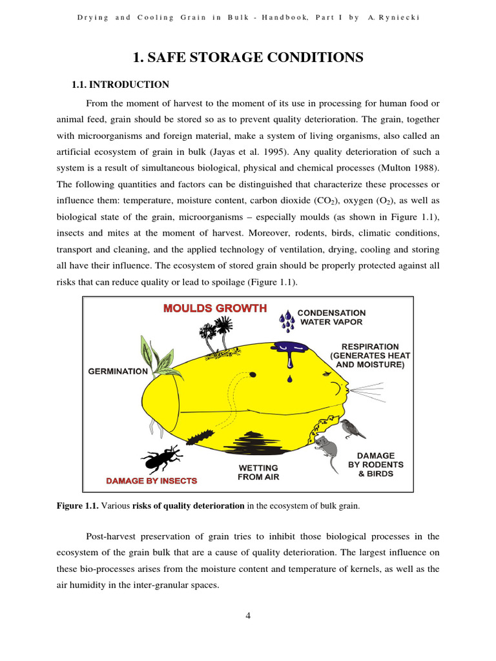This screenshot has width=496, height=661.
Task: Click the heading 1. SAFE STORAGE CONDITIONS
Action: [x=248, y=58]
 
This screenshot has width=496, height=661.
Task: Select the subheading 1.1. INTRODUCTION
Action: [x=119, y=85]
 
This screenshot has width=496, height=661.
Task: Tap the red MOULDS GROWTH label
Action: [x=214, y=308]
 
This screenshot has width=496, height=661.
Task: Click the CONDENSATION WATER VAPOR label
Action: [x=331, y=317]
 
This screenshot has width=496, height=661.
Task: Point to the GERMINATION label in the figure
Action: [x=118, y=371]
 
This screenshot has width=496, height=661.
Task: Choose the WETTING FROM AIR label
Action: [x=258, y=473]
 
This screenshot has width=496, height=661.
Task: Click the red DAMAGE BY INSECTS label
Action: [x=151, y=481]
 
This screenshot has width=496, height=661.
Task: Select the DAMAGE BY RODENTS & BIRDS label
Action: [x=375, y=465]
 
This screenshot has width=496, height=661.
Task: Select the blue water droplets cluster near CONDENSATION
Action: [x=287, y=320]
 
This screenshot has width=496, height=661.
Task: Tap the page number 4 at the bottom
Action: [x=248, y=615]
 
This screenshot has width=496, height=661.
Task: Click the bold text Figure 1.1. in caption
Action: [x=77, y=506]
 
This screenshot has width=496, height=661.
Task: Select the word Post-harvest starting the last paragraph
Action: [x=111, y=536]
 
